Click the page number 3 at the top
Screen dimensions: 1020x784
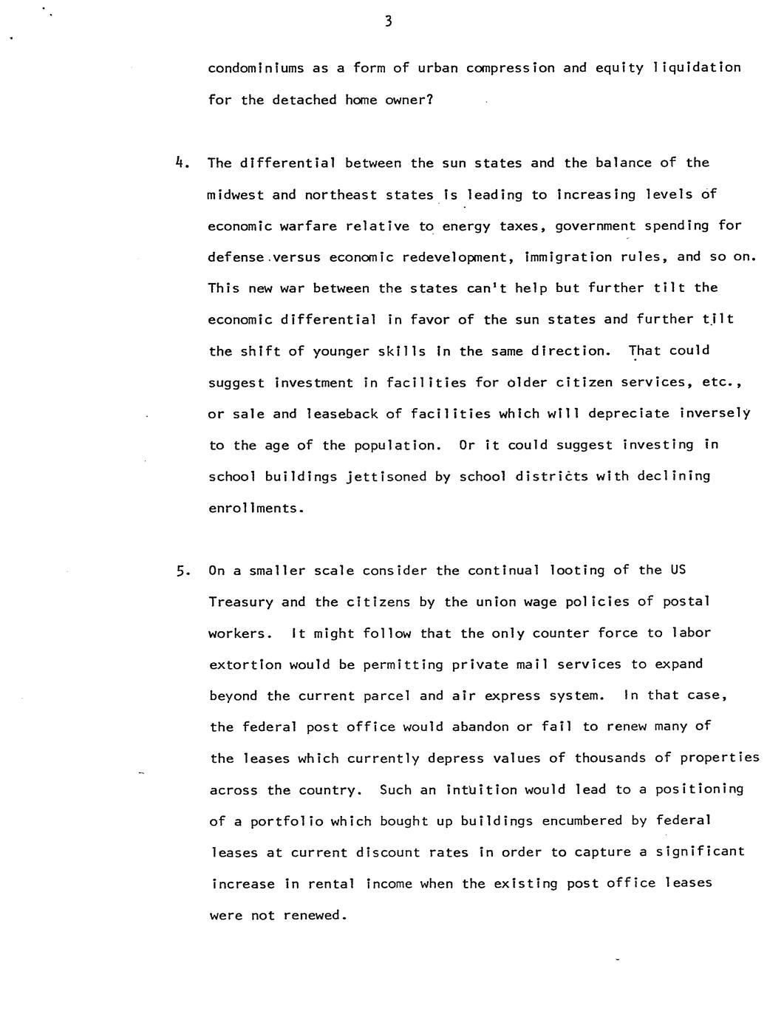point(389,21)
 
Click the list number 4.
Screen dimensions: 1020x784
point(180,163)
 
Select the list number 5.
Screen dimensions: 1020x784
point(181,571)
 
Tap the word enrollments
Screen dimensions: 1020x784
point(255,509)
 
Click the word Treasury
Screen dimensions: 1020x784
point(241,602)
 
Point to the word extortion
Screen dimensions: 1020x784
point(245,664)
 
